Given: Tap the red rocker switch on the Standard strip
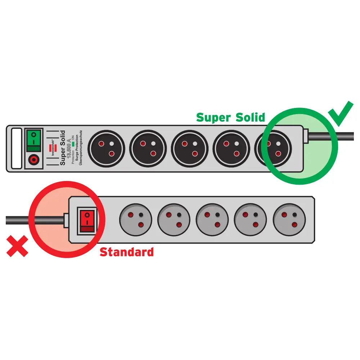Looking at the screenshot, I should [87, 220].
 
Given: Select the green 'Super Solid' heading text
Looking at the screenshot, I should [230, 117].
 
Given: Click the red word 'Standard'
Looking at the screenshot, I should [126, 252].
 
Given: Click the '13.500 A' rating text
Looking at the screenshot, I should [68, 150].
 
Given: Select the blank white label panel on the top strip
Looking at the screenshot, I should [17, 148].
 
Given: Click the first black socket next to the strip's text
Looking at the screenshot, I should [106, 149].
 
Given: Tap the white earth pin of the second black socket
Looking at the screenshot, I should [153, 143].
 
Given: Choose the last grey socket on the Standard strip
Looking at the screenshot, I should [289, 220].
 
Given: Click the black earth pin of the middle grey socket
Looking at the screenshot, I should [217, 215].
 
